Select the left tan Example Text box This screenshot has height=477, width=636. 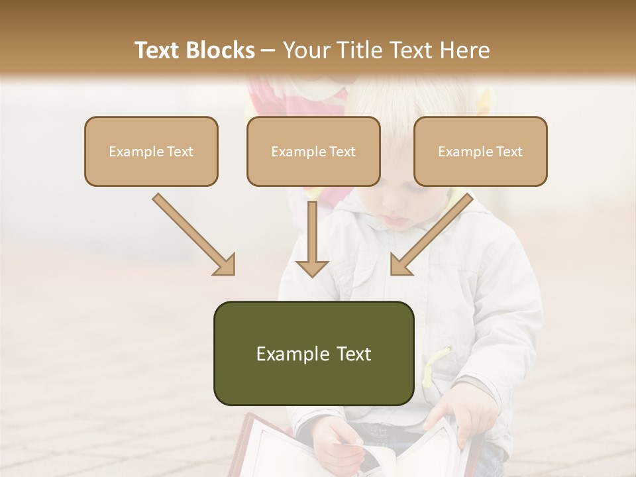point(151,151)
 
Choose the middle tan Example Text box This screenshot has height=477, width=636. point(313,151)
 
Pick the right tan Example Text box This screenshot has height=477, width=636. point(480,151)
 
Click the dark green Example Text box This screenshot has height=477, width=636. point(313,353)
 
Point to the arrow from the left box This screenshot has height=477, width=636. point(194,235)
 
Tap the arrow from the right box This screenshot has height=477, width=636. point(431,235)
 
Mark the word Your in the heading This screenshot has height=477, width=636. point(303,50)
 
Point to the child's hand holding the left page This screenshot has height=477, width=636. point(338,443)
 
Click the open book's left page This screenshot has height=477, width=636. point(285,450)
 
